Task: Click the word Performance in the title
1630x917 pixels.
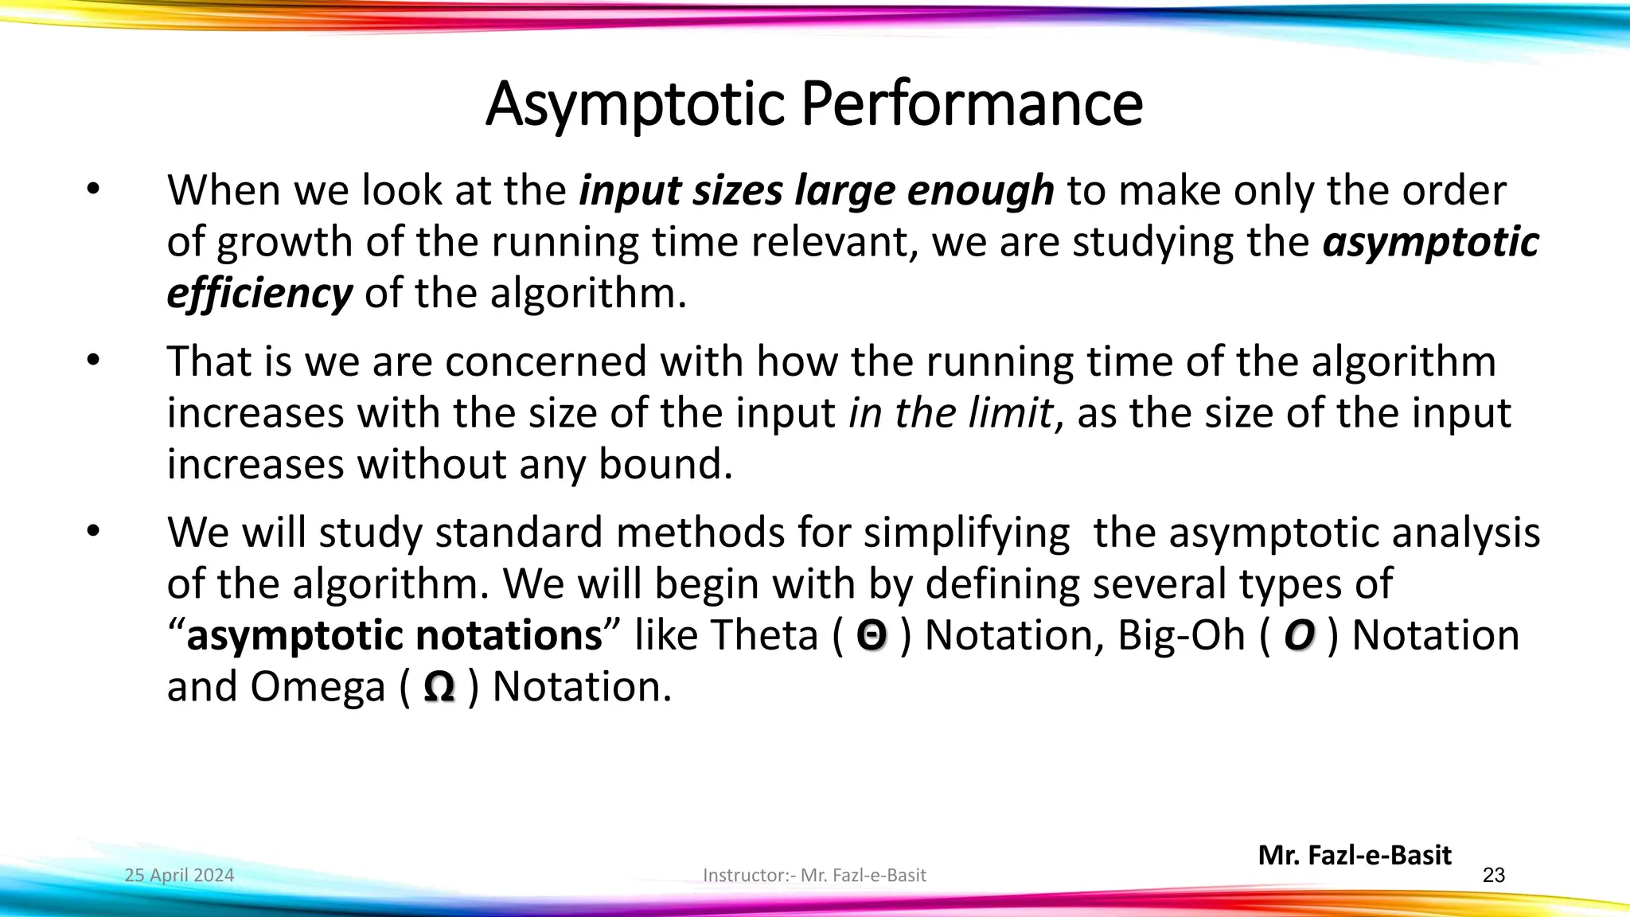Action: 972,104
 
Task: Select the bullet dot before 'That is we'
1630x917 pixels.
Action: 94,361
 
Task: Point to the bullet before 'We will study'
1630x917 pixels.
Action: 94,532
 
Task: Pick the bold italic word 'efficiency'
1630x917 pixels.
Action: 259,293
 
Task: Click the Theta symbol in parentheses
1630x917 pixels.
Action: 872,636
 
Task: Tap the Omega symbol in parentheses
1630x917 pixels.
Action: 439,687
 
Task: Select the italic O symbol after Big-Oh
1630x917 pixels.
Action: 1299,636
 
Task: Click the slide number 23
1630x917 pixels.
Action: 1494,876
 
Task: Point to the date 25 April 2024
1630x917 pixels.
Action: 180,876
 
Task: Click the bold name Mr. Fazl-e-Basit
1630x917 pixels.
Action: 1355,855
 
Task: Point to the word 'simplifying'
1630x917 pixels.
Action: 967,533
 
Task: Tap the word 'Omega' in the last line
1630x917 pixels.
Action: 318,687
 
